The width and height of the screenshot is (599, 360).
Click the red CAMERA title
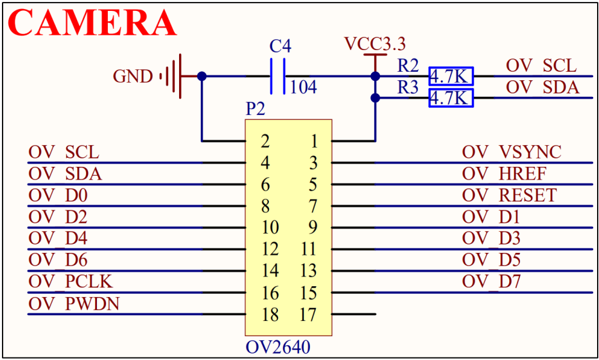(92, 23)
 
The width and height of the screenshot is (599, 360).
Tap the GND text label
(133, 77)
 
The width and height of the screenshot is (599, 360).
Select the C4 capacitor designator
(280, 46)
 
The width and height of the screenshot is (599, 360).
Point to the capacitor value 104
(304, 87)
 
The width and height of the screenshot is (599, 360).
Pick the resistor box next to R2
(451, 76)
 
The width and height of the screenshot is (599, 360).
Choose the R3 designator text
(408, 88)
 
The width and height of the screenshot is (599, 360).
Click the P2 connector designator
(256, 109)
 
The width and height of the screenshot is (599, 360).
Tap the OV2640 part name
(278, 348)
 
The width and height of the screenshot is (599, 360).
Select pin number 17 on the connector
(308, 315)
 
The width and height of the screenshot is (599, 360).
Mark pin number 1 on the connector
(314, 141)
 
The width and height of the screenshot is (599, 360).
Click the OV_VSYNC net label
(512, 152)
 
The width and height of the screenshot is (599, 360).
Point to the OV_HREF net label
(504, 174)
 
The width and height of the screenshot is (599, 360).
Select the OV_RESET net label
(509, 195)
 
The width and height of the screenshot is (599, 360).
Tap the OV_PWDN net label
(74, 304)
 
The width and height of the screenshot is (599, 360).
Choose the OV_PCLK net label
(71, 282)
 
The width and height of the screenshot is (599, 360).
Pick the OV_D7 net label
(491, 282)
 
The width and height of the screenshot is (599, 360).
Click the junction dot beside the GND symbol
(202, 76)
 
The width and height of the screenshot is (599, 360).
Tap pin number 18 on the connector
(270, 315)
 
